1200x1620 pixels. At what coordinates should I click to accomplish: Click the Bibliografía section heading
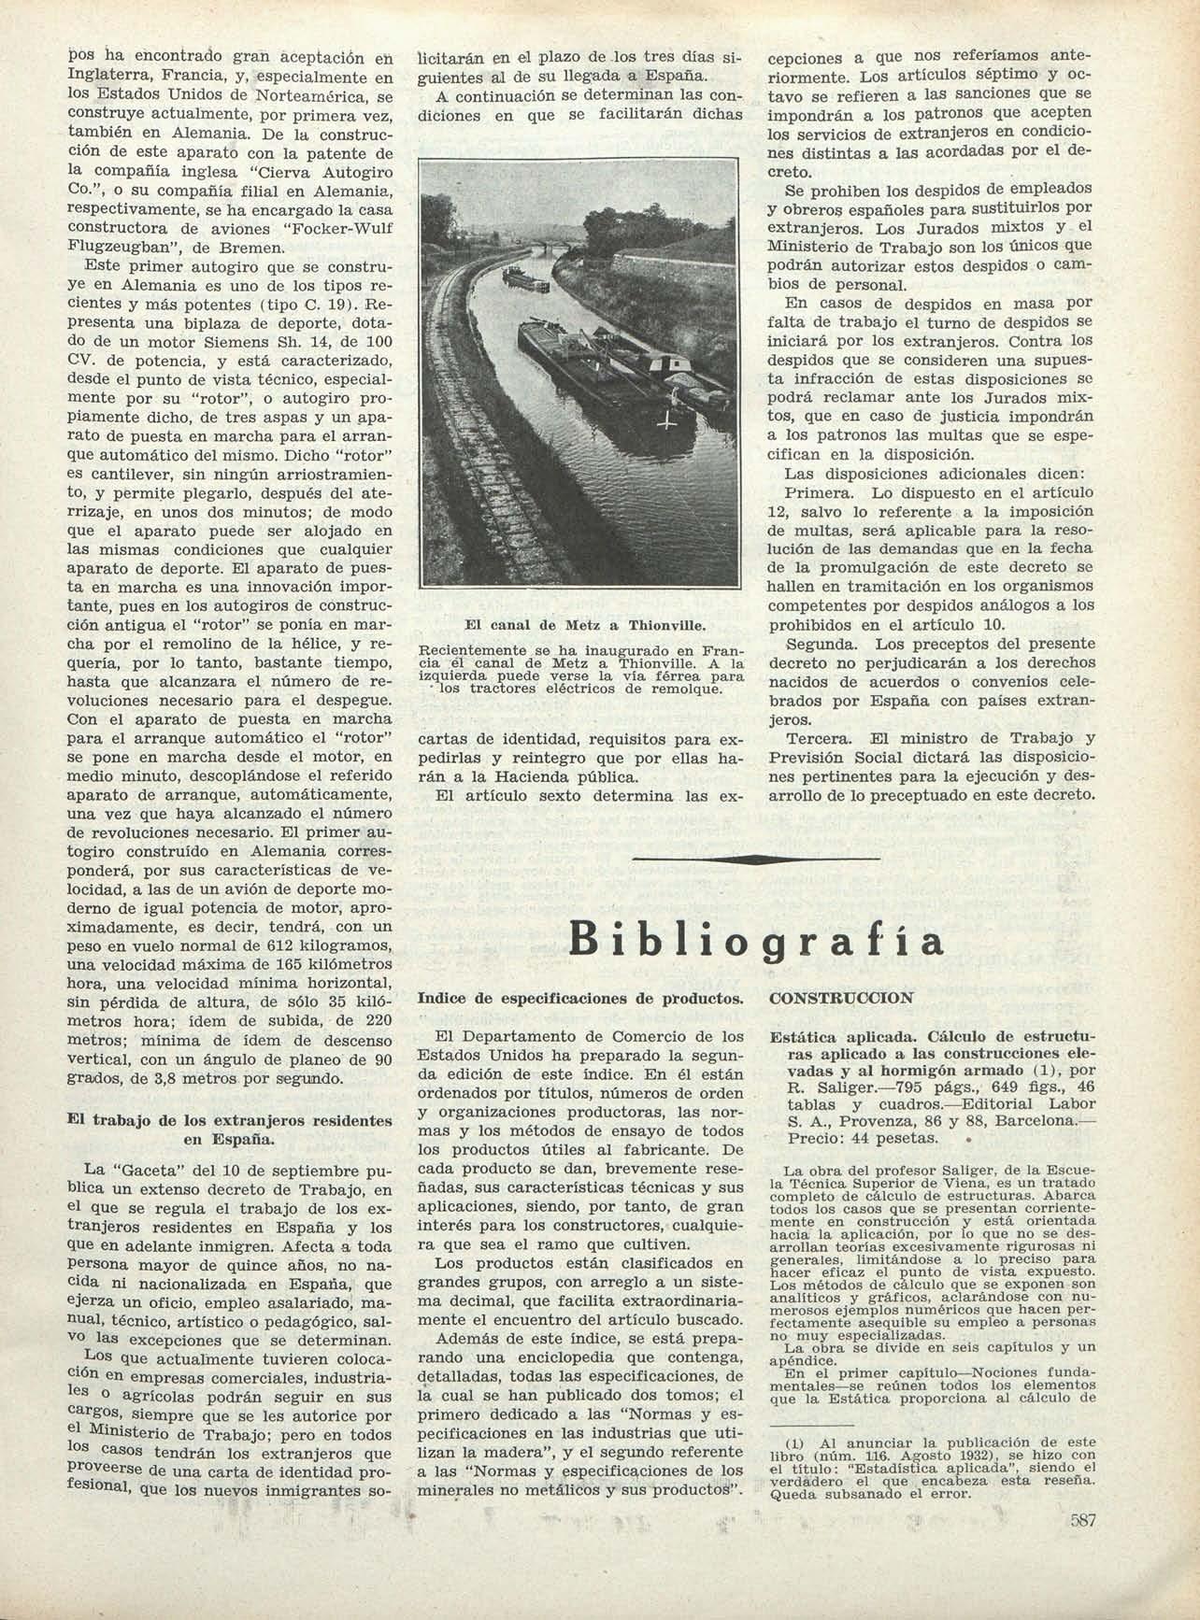(757, 940)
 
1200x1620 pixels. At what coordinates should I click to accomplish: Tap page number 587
(1082, 1520)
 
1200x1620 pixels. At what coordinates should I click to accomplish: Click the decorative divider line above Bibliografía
(756, 858)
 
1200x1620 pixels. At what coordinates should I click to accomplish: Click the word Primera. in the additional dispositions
(811, 492)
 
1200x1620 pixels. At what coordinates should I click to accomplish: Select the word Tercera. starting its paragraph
(814, 738)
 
